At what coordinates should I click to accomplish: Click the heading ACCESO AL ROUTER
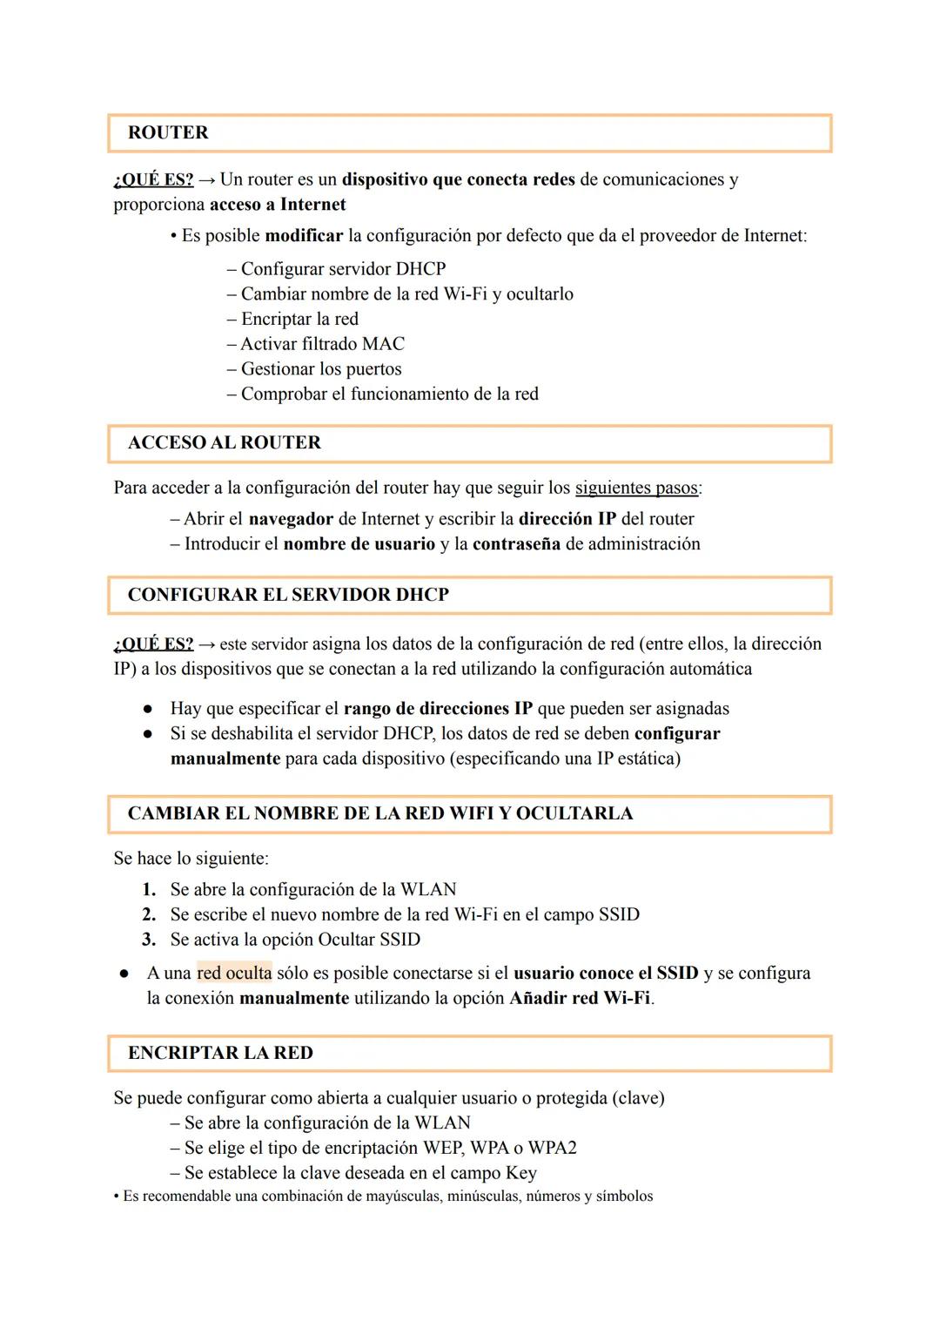tap(224, 442)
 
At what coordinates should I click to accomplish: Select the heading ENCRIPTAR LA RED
tap(220, 1053)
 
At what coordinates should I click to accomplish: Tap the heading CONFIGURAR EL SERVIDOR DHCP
tap(288, 595)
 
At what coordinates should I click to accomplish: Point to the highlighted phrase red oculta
tap(234, 973)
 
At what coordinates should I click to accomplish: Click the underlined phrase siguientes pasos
tap(636, 488)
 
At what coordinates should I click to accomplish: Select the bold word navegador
tap(291, 519)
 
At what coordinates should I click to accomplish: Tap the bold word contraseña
tap(516, 544)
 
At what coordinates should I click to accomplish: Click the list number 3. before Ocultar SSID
tap(149, 940)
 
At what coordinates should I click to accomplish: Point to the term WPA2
tap(552, 1148)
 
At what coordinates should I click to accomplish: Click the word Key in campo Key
tap(520, 1173)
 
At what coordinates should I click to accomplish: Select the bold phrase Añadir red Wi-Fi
tap(580, 998)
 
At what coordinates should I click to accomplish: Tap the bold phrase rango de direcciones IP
tap(438, 709)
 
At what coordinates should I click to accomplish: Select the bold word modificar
tap(304, 236)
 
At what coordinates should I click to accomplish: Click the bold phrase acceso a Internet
tap(278, 205)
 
